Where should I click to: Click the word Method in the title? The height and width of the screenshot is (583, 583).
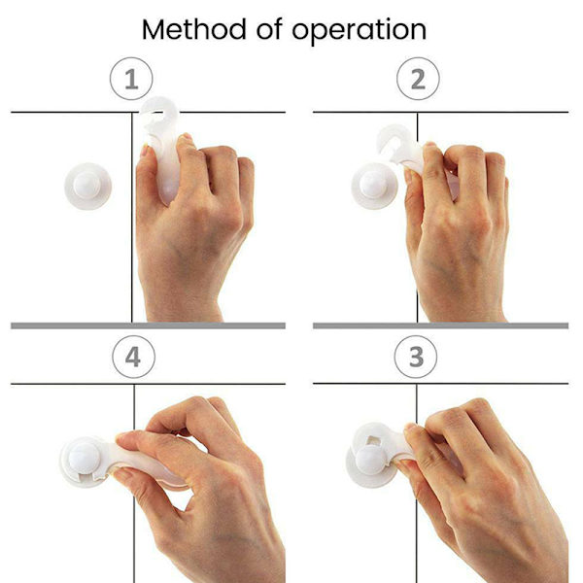point(193,29)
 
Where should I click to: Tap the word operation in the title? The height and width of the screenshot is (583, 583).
point(359,31)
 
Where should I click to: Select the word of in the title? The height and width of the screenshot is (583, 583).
point(269,29)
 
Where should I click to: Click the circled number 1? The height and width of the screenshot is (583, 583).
point(131,79)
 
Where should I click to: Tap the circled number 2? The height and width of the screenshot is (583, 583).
point(418,79)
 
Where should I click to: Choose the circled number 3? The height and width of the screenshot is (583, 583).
point(416,357)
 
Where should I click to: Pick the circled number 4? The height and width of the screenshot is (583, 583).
point(133,357)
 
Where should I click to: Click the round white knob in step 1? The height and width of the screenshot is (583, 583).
point(87,186)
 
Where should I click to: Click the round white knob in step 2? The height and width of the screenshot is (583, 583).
point(374,186)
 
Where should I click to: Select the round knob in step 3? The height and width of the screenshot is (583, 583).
point(370,461)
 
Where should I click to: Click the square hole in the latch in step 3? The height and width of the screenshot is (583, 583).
point(373,440)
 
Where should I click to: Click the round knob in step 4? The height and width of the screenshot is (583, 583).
point(85,459)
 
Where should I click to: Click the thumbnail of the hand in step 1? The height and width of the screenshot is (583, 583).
point(144,151)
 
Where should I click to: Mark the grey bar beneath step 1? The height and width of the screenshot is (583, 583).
point(148,326)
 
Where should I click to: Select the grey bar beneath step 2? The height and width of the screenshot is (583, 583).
point(440,326)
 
